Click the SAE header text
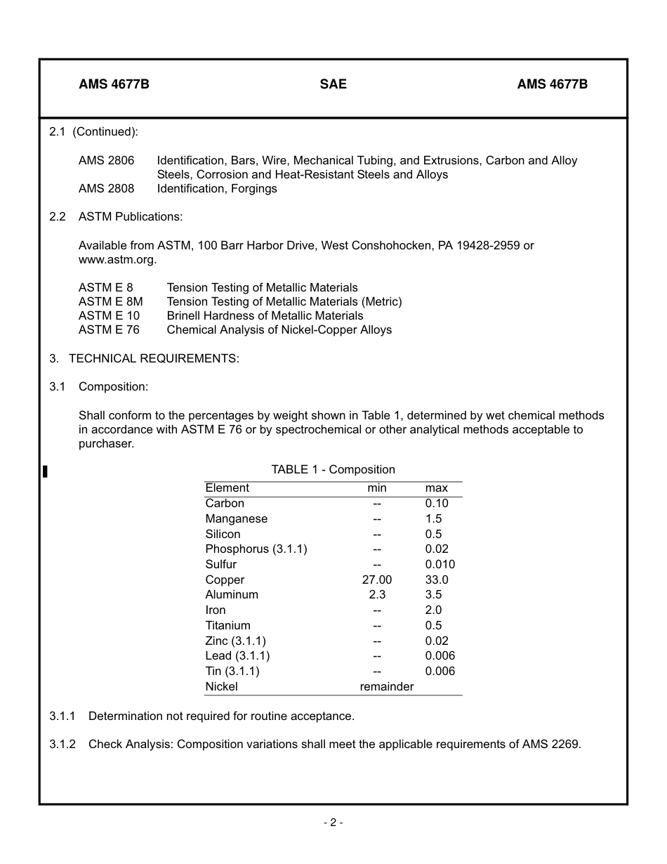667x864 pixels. click(x=333, y=84)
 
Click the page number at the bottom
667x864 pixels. click(x=333, y=823)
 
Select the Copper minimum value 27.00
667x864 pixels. click(x=376, y=580)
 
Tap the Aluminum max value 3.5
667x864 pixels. click(x=433, y=594)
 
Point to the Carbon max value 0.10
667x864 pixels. click(x=436, y=503)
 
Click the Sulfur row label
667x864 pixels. click(x=220, y=564)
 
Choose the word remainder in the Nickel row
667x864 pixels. click(x=386, y=686)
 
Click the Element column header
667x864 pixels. click(x=227, y=487)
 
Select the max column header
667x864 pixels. click(x=436, y=487)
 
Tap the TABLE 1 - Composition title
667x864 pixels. click(x=333, y=469)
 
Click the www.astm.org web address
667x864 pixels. click(x=117, y=259)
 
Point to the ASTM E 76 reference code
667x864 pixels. click(x=109, y=329)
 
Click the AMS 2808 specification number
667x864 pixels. click(x=106, y=188)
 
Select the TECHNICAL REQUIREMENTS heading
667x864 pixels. click(x=154, y=358)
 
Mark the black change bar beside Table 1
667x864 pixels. click(x=45, y=471)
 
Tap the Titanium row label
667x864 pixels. click(x=227, y=625)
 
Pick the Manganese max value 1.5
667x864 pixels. click(x=433, y=518)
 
